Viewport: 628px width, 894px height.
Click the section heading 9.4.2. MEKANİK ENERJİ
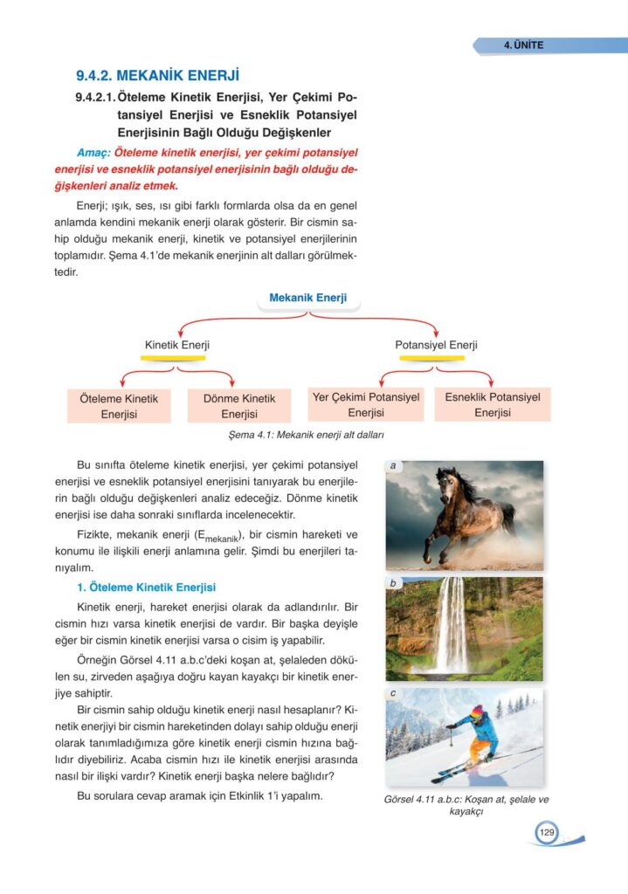click(157, 75)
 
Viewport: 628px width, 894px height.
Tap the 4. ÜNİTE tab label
click(523, 45)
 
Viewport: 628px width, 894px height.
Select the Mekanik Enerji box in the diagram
click(307, 299)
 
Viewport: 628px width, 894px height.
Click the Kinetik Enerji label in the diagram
click(176, 345)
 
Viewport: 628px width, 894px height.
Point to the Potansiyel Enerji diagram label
click(436, 345)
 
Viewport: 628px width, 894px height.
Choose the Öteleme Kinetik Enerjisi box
click(119, 406)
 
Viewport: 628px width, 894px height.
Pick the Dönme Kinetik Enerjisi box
click(238, 406)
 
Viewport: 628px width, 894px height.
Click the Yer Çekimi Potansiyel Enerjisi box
click(366, 404)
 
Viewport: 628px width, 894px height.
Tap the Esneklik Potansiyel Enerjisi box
click(492, 404)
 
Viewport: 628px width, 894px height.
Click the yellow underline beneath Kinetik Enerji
click(175, 358)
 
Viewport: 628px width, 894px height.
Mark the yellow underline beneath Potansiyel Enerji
click(435, 358)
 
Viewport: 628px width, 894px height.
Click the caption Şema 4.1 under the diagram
click(305, 435)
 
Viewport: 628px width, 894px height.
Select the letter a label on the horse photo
click(394, 466)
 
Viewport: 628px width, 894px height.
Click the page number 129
click(547, 832)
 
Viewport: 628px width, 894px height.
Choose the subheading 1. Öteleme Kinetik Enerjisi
click(147, 587)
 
